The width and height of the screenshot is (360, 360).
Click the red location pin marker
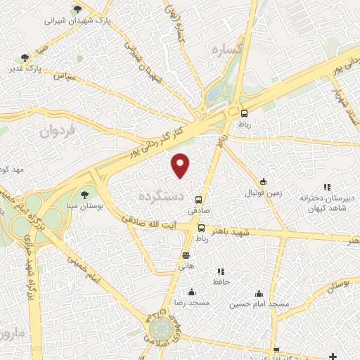tap(181, 165)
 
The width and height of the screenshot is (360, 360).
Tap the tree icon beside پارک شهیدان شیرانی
tap(77, 9)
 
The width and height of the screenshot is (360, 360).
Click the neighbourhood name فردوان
tap(57, 130)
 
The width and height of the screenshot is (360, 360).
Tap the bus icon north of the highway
tap(244, 113)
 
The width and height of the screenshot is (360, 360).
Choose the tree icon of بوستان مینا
tap(85, 193)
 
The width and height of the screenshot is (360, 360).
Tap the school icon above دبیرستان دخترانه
tap(326, 187)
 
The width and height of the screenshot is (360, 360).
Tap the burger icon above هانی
tap(186, 255)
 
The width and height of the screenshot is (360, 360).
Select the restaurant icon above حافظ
tap(221, 271)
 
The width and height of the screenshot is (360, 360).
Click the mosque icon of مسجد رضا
tap(191, 292)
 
